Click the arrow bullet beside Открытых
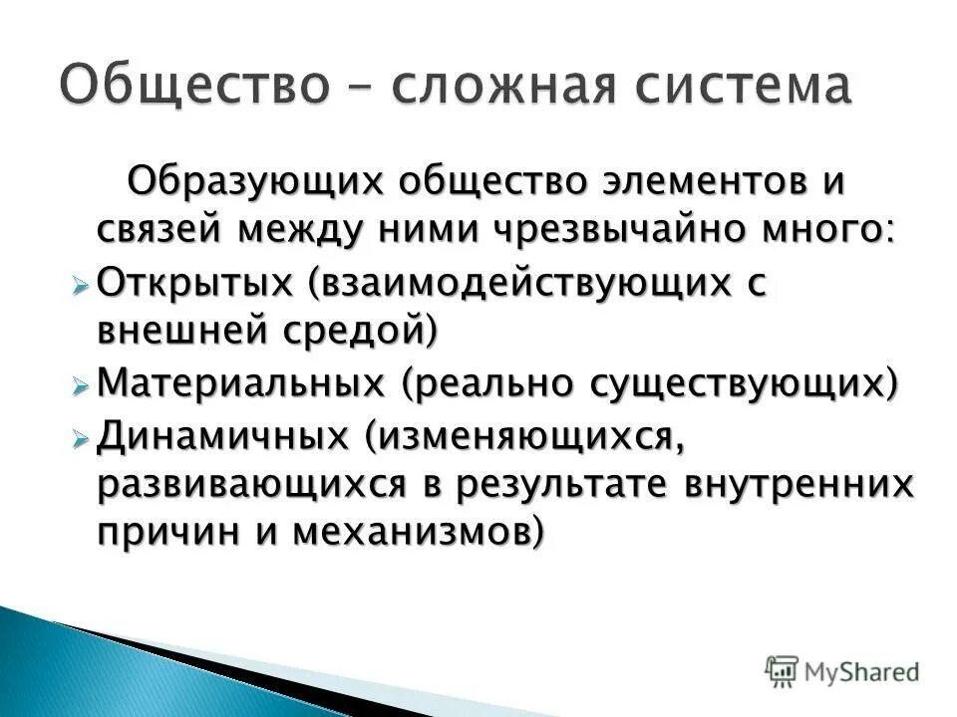82,286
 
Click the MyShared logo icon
783,670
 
